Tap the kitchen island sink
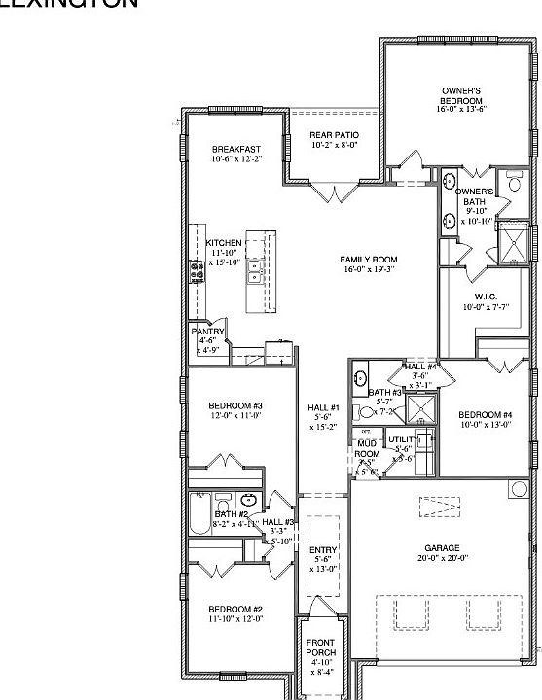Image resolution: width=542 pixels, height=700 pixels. [x=254, y=270]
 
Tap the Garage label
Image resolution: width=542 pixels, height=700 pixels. [x=443, y=547]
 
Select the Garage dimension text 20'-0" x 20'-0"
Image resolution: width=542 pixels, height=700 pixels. [x=443, y=558]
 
